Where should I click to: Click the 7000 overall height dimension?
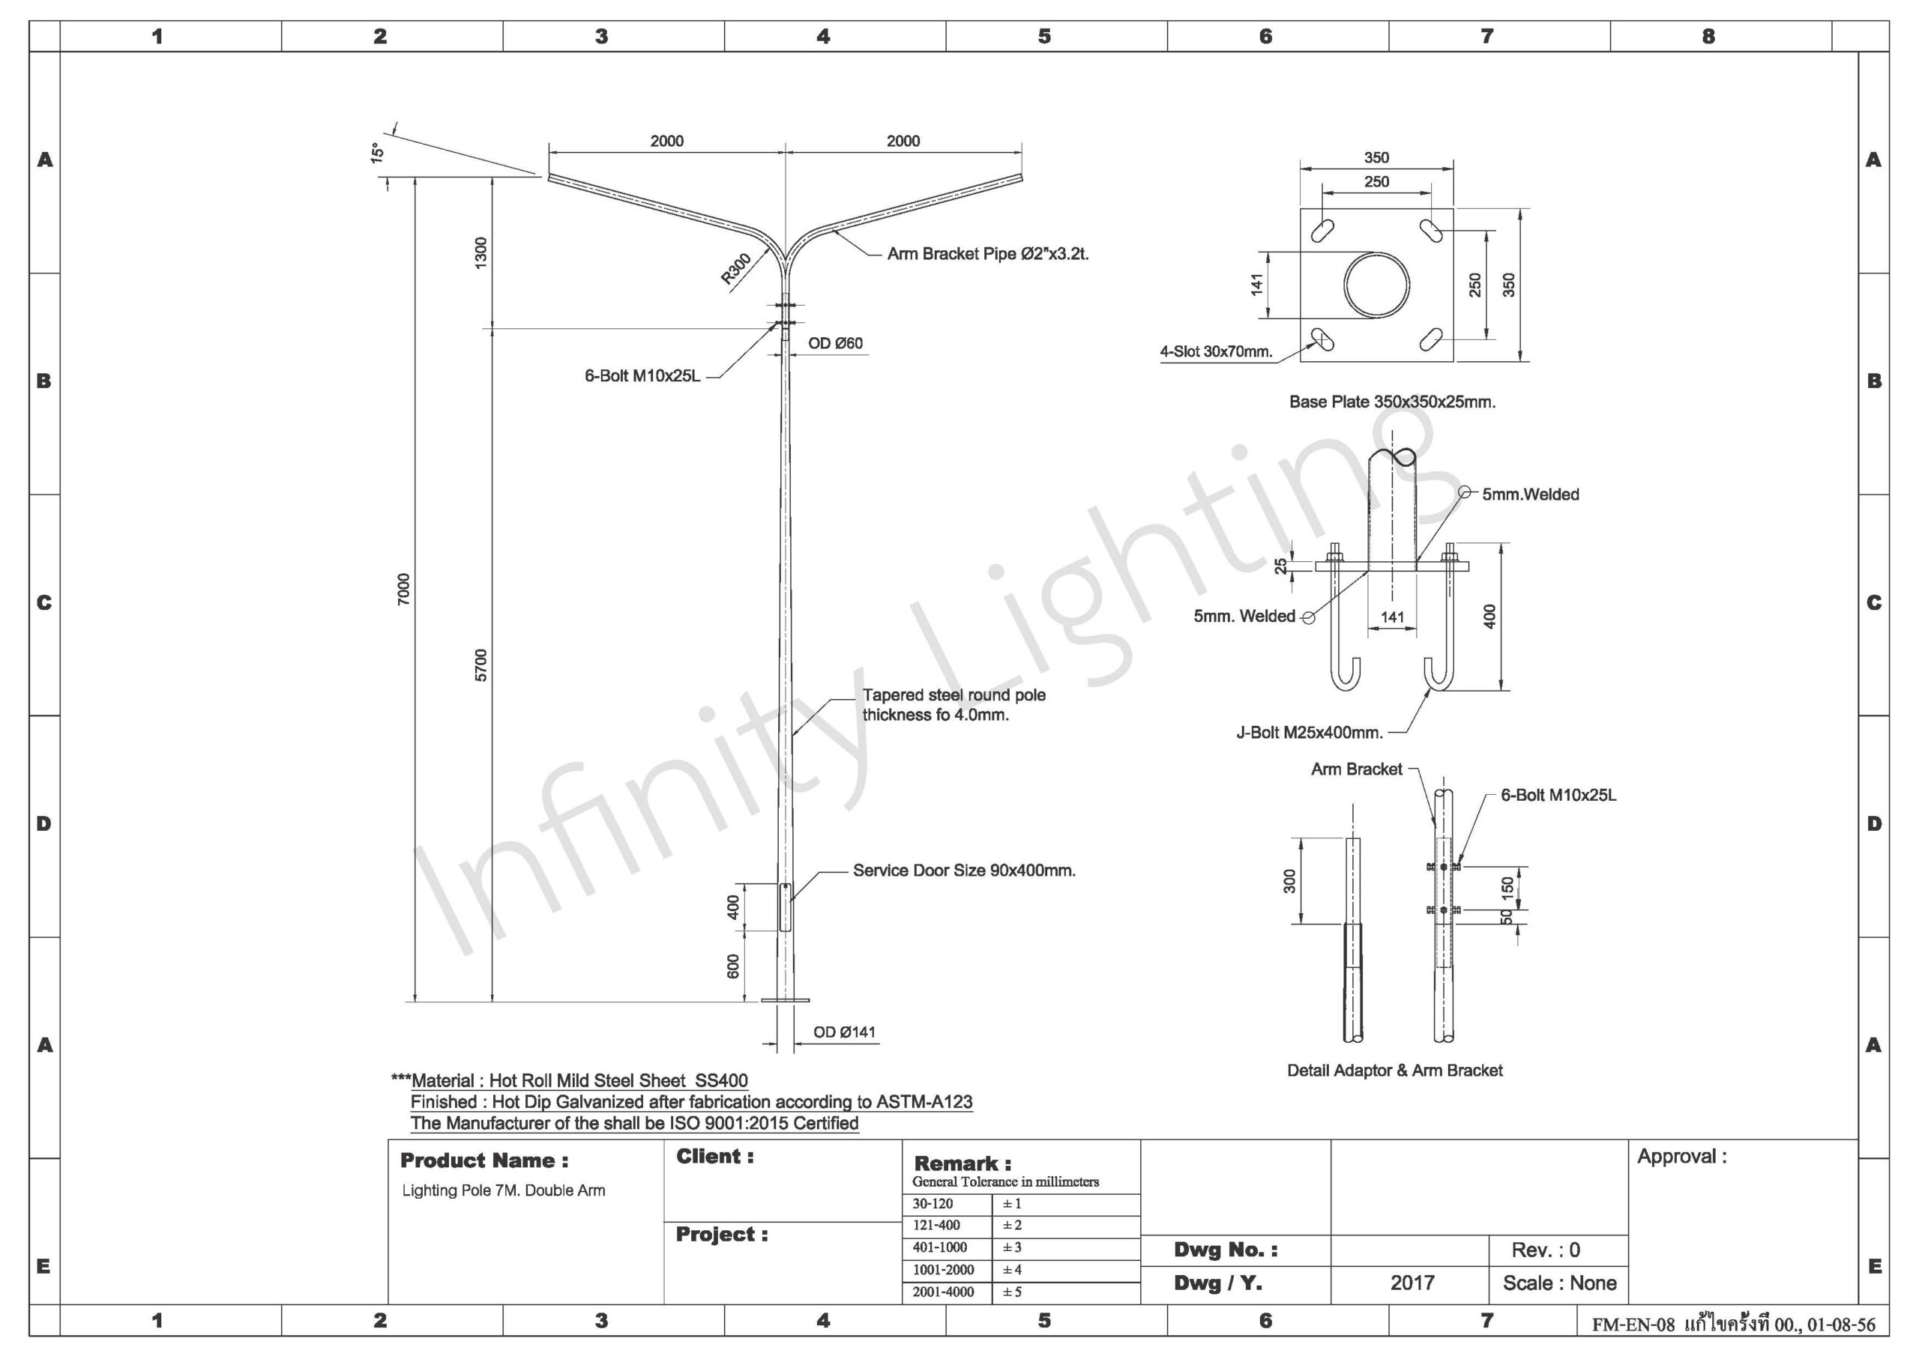(405, 589)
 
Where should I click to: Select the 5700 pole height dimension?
(480, 665)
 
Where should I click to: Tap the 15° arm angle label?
(377, 153)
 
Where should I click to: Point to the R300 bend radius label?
(736, 269)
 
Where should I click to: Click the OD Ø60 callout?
(835, 343)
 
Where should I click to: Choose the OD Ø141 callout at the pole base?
(844, 1032)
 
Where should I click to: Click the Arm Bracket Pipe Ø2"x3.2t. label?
(988, 254)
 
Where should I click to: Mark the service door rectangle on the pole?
(786, 906)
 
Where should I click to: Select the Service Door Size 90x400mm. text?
(964, 871)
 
